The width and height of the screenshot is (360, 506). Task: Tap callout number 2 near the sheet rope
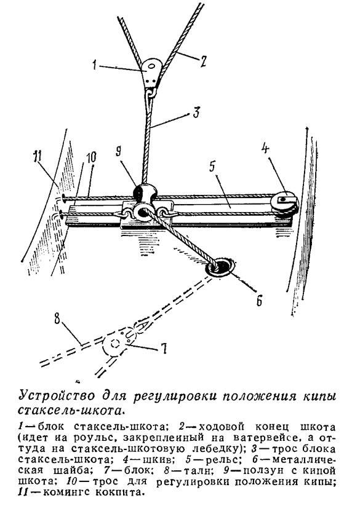pyautogui.click(x=202, y=61)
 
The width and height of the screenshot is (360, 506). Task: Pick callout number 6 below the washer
pyautogui.click(x=259, y=301)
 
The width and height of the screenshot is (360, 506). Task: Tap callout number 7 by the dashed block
pyautogui.click(x=164, y=349)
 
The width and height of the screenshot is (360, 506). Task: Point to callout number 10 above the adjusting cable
pyautogui.click(x=90, y=157)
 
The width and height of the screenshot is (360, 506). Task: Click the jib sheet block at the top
pyautogui.click(x=151, y=74)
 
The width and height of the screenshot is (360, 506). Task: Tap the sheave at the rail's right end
pyautogui.click(x=286, y=205)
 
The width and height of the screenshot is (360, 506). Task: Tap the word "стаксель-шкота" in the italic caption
pyautogui.click(x=71, y=410)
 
